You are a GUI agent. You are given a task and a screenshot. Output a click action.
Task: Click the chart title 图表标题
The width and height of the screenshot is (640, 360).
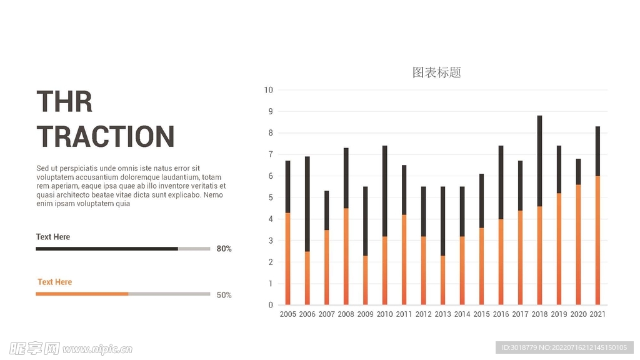click(436, 72)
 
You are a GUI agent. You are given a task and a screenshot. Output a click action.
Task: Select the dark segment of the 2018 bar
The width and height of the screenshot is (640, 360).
click(539, 161)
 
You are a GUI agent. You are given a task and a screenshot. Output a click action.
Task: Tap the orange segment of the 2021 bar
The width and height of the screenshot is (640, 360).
click(597, 241)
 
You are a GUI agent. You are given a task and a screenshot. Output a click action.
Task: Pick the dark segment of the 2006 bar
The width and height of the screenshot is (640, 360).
click(307, 204)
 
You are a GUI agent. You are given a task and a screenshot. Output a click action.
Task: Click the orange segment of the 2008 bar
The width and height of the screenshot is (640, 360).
click(346, 256)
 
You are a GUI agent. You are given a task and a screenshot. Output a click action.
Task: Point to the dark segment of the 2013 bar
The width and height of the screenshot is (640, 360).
click(442, 221)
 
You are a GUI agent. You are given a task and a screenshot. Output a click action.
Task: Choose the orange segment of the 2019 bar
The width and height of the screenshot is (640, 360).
click(559, 249)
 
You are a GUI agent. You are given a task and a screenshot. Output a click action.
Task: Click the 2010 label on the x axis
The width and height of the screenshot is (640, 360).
click(384, 314)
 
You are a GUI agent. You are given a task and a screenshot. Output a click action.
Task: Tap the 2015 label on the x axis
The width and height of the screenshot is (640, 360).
click(481, 314)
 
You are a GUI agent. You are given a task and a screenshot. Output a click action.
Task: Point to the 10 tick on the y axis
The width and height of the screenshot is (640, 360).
click(268, 90)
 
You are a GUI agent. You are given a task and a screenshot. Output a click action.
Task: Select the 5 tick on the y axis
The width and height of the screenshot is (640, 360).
click(271, 197)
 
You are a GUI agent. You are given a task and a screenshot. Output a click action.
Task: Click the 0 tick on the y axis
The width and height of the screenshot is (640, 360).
click(271, 305)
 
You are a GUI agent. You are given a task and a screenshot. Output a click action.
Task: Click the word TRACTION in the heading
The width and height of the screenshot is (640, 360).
click(106, 137)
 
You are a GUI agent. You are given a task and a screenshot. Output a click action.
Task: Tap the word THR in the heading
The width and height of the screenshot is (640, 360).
click(64, 101)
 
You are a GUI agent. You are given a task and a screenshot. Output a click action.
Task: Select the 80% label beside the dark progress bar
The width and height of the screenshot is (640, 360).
click(224, 249)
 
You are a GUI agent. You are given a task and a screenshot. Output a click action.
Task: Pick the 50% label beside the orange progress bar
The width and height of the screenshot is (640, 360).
click(224, 295)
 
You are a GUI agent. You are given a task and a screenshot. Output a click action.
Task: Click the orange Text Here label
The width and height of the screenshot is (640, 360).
click(54, 282)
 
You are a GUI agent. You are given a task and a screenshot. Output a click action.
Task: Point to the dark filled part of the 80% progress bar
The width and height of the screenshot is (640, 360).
click(106, 249)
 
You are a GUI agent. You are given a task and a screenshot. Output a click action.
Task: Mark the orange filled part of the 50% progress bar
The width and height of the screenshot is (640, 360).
click(81, 294)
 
